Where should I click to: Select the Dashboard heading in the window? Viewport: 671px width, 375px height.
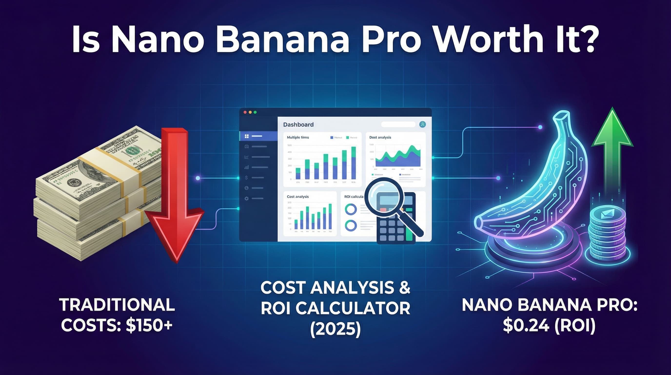pos(298,125)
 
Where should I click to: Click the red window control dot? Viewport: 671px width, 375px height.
pos(245,112)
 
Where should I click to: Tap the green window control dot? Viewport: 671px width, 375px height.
pos(255,112)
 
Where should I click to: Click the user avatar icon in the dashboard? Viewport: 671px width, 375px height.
pos(423,125)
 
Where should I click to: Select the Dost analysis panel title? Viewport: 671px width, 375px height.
pos(380,137)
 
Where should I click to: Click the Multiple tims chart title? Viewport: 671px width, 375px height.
pos(298,137)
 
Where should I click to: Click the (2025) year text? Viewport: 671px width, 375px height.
pos(335,329)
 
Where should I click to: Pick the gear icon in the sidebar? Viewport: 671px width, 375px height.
pos(247,199)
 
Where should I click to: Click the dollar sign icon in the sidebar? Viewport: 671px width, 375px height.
pos(247,177)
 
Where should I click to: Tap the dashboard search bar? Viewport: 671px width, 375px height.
pos(398,125)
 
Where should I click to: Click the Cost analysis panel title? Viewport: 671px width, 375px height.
pos(298,197)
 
